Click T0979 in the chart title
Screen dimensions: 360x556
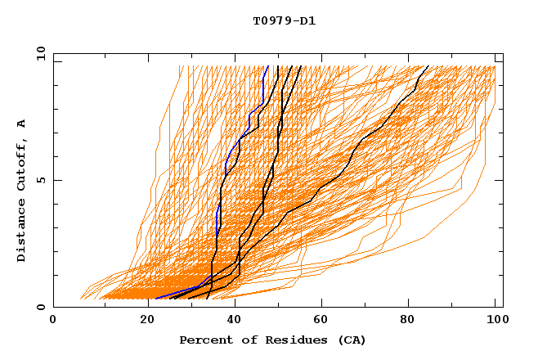pyautogui.click(x=271, y=20)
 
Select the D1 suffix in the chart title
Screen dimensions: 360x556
pyautogui.click(x=307, y=20)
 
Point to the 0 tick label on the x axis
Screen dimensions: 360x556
pyautogui.click(x=53, y=321)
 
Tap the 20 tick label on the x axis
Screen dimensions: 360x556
pyautogui.click(x=141, y=321)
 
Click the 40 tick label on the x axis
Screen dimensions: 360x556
pyautogui.click(x=230, y=321)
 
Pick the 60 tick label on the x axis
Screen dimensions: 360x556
pyautogui.click(x=318, y=321)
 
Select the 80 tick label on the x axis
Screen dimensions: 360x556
pyautogui.click(x=406, y=321)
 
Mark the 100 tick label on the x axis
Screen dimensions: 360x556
pyautogui.click(x=495, y=321)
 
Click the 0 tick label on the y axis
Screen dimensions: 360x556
pyautogui.click(x=40, y=308)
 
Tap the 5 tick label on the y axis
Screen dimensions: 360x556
pyautogui.click(x=40, y=180)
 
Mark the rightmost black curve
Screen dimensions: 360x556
pyautogui.click(x=352, y=155)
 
